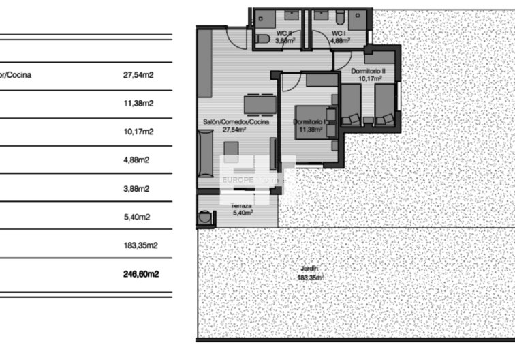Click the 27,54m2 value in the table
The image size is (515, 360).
tap(138, 75)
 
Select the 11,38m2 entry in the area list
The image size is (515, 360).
tap(138, 104)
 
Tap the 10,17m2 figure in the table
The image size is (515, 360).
tap(138, 132)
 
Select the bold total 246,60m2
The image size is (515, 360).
tap(141, 274)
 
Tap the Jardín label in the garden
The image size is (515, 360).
tap(309, 269)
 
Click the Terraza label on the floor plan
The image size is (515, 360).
tap(240, 205)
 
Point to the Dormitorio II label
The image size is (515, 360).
tap(369, 71)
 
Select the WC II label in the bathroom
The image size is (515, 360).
tap(284, 33)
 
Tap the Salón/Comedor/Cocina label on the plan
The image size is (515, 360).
tap(236, 122)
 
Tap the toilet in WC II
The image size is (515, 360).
tap(263, 39)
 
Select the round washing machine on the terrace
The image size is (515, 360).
tap(205, 218)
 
